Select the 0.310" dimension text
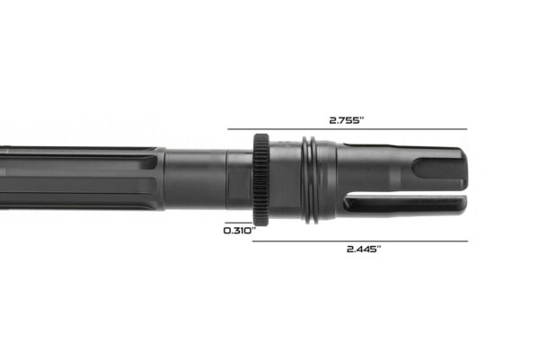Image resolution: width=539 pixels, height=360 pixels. [240, 231]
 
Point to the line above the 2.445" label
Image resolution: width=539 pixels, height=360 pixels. [361, 241]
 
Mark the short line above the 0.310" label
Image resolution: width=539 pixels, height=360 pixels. [240, 221]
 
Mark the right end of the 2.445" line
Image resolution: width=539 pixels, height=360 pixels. [467, 241]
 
